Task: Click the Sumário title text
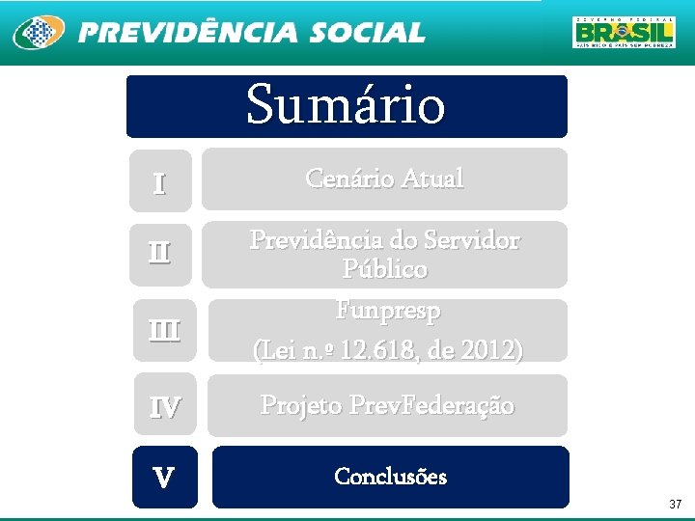pyautogui.click(x=346, y=105)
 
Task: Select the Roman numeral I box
pyautogui.click(x=159, y=181)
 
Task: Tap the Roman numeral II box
pyautogui.click(x=160, y=254)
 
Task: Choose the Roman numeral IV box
pyautogui.click(x=165, y=405)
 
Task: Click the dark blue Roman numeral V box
pyautogui.click(x=164, y=477)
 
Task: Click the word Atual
pyautogui.click(x=432, y=178)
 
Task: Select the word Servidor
pyautogui.click(x=473, y=240)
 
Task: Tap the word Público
pyautogui.click(x=384, y=269)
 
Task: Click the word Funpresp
pyautogui.click(x=386, y=311)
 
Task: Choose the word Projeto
pyautogui.click(x=298, y=405)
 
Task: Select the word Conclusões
pyautogui.click(x=390, y=477)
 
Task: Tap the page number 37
pyautogui.click(x=675, y=505)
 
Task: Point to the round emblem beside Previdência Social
pyautogui.click(x=39, y=32)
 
